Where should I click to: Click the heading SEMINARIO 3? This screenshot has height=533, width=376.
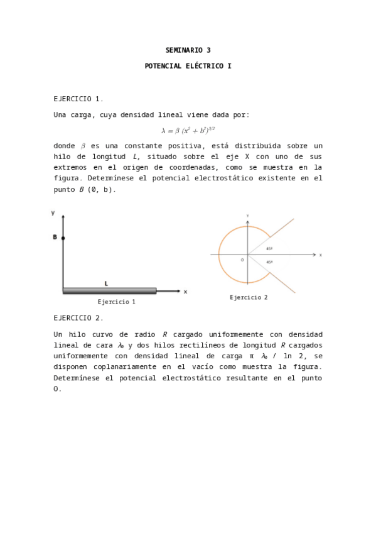[x=188, y=50]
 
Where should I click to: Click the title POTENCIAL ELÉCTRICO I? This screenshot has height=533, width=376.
[x=188, y=65]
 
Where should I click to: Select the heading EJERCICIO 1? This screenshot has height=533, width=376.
[x=78, y=99]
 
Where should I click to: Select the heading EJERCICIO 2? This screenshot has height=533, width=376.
[x=78, y=318]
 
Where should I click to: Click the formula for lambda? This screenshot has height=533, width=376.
[x=188, y=130]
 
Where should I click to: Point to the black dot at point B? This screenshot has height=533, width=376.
[x=63, y=238]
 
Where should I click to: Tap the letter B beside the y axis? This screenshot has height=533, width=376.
[x=55, y=238]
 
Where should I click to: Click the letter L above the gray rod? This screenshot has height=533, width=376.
[x=106, y=283]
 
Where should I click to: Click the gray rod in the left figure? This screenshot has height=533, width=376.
[x=109, y=291]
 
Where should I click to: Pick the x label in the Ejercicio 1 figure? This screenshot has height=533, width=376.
[x=185, y=292]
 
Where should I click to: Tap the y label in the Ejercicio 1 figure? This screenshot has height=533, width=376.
[x=53, y=213]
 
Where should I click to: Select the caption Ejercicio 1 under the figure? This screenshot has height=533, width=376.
[x=116, y=302]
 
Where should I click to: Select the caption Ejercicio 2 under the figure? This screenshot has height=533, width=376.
[x=249, y=297]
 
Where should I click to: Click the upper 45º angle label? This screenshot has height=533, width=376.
[x=269, y=248]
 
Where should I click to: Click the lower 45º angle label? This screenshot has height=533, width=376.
[x=269, y=262]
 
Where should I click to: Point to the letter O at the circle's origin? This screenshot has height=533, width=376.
[x=242, y=260]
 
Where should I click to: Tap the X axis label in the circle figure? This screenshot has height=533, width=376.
[x=320, y=255]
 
